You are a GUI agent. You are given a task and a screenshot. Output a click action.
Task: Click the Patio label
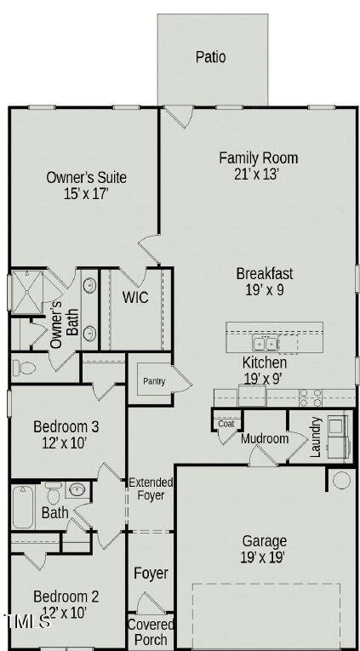pos(211,57)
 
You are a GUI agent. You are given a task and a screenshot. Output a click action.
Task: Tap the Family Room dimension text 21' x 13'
pos(258,174)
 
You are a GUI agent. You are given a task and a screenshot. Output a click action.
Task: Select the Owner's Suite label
pos(86,177)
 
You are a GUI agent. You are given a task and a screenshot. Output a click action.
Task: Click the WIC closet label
pos(136,297)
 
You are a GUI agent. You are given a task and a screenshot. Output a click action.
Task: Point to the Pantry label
pos(153,381)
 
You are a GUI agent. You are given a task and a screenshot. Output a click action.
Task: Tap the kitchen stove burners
pos(310,397)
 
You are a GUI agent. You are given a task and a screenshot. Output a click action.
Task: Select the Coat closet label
pos(226,423)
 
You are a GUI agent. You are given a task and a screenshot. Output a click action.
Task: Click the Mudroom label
pos(265,439)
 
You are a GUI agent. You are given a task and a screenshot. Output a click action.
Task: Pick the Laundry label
pos(316,437)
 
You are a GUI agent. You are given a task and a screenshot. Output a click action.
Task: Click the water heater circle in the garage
pos(341,480)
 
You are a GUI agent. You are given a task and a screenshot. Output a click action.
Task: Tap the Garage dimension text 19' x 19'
pos(264,557)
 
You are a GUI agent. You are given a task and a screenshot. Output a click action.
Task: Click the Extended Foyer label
pos(151,489)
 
